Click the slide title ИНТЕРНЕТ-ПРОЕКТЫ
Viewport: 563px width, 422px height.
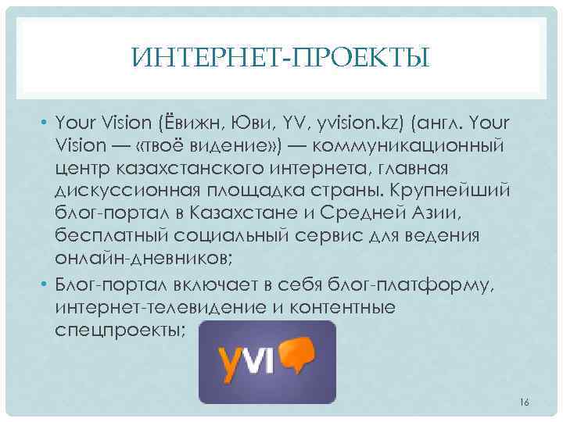click(281, 57)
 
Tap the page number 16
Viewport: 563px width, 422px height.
click(524, 402)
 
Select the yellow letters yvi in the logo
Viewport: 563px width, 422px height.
click(246, 358)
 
